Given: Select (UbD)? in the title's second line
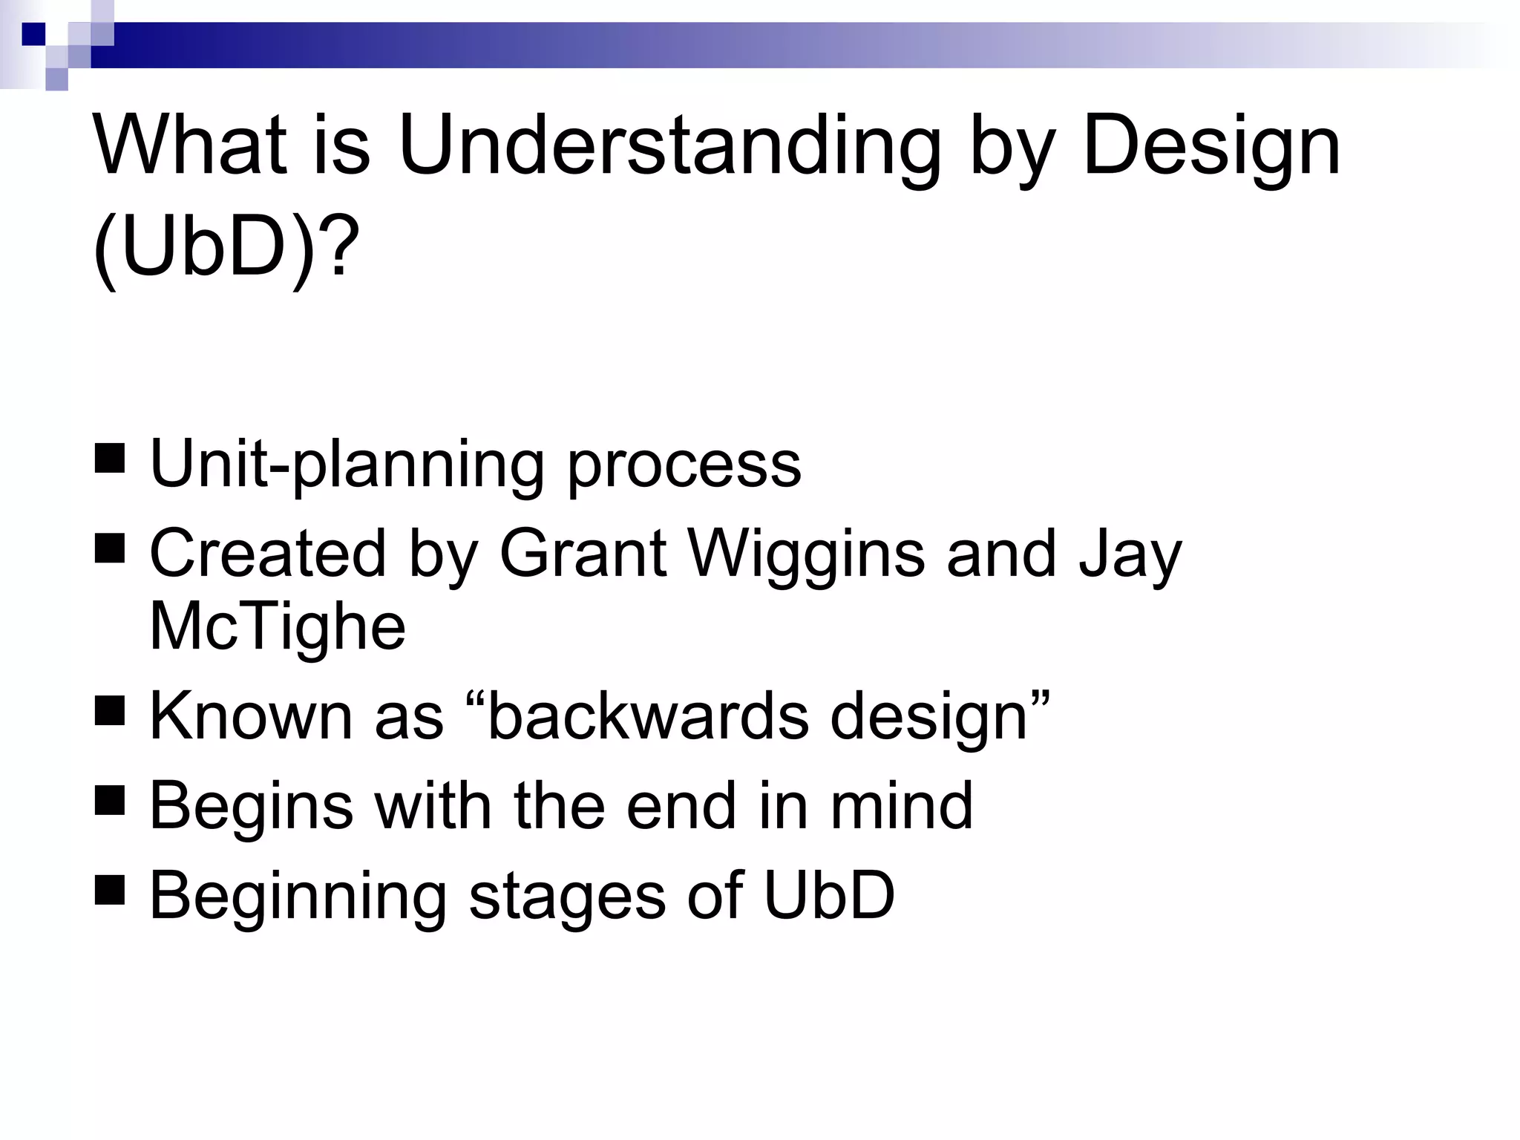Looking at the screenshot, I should pyautogui.click(x=226, y=247).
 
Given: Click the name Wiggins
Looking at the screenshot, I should pyautogui.click(x=807, y=555).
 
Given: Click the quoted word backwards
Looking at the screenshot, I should pyautogui.click(x=647, y=716).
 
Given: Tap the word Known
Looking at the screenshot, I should pyautogui.click(x=251, y=716).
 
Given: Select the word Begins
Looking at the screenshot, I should pyautogui.click(x=251, y=807).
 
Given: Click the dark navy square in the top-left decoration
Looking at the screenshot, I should pyautogui.click(x=33, y=34).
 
